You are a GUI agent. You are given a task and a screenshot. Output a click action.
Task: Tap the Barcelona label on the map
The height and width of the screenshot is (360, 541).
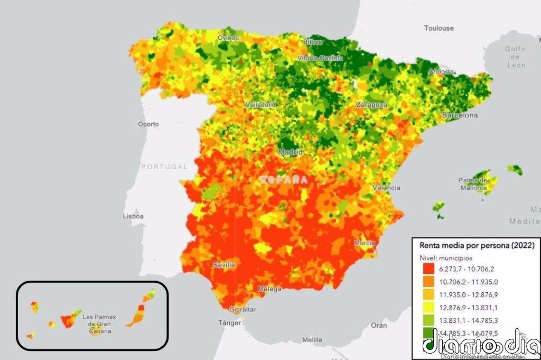point(460,115)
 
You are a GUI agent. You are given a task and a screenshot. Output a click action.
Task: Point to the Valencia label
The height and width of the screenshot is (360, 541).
point(386,188)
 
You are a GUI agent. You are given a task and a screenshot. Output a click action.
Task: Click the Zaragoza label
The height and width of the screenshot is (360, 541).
point(371,105)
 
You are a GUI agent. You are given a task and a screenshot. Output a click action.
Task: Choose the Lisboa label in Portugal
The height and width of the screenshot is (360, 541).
point(133,216)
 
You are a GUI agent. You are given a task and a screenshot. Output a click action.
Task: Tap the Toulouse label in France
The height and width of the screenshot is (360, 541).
point(439,27)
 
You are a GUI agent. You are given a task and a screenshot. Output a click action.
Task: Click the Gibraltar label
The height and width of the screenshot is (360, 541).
point(243,309)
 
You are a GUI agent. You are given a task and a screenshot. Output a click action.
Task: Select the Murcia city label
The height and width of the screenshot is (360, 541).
point(365,243)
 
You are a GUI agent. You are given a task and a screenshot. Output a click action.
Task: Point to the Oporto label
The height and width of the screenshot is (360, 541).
point(148,125)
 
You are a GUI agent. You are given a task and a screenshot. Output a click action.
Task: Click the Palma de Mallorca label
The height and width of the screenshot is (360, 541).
point(472,184)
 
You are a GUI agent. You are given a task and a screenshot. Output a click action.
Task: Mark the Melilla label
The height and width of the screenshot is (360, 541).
point(312,339)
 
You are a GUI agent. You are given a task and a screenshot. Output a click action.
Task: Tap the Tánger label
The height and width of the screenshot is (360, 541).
point(230,322)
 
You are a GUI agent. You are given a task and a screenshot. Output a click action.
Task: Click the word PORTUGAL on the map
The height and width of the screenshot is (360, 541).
point(164,167)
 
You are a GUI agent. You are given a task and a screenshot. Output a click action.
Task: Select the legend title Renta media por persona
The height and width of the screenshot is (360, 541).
point(477,245)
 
